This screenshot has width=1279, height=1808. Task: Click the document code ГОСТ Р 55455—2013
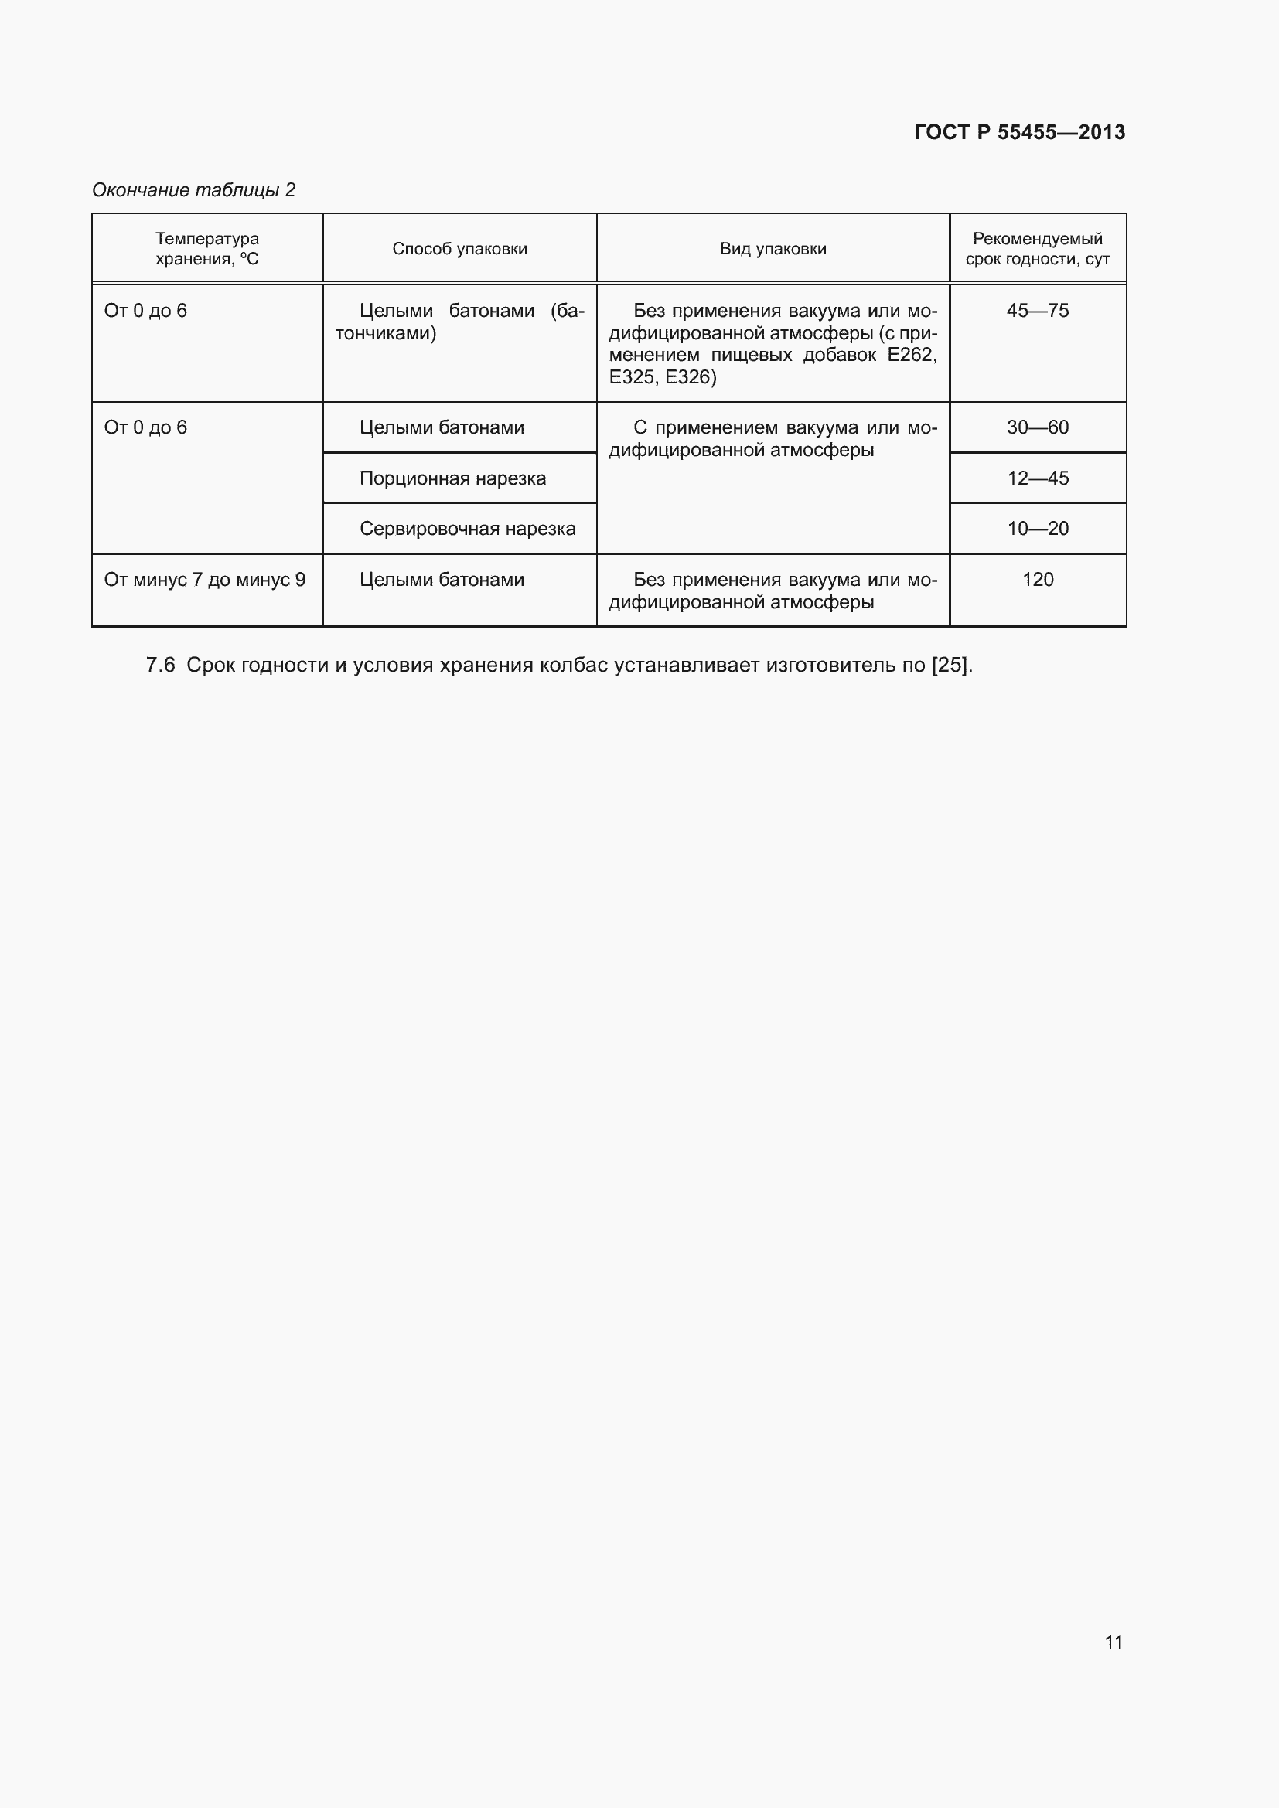click(x=1019, y=132)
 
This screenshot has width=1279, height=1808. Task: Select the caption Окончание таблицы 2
click(x=194, y=190)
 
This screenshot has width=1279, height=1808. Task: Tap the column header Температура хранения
click(x=207, y=248)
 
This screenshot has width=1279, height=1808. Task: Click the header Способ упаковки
click(x=460, y=249)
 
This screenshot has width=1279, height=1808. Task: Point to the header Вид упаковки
click(x=773, y=249)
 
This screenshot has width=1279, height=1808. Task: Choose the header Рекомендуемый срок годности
click(x=1037, y=248)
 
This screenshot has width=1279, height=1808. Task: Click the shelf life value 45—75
click(x=1037, y=310)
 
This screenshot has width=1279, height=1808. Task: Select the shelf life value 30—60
click(x=1037, y=427)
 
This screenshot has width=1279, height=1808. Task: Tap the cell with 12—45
click(x=1037, y=478)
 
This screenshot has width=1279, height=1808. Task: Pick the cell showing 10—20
click(x=1037, y=529)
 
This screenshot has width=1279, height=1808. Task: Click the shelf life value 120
click(x=1037, y=580)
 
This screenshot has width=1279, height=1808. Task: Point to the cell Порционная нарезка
click(x=452, y=478)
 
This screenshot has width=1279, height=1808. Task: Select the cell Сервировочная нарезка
click(x=467, y=529)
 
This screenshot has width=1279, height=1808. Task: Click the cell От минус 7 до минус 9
click(x=205, y=580)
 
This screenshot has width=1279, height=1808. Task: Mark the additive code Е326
click(x=690, y=377)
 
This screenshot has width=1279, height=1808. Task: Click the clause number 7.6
click(x=160, y=666)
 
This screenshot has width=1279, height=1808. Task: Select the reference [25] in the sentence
click(x=950, y=666)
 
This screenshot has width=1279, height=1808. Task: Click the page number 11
click(x=1114, y=1642)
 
